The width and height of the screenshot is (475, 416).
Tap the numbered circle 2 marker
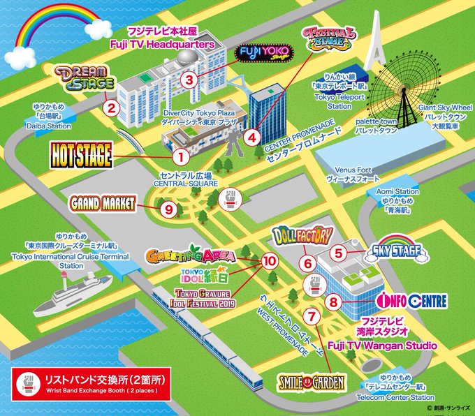click(109, 108)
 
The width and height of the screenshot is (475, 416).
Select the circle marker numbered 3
click(189, 80)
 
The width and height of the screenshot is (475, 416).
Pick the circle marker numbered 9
click(168, 208)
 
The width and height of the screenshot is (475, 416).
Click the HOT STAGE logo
click(81, 156)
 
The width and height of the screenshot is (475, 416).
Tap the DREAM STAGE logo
click(84, 78)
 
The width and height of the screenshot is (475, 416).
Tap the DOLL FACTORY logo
click(300, 236)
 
